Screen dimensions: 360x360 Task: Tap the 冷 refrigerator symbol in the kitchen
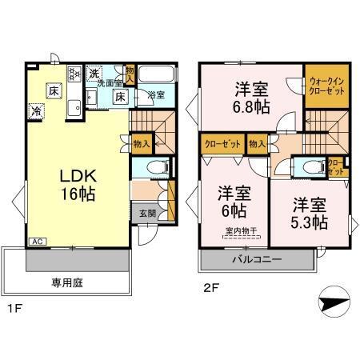tap(37, 112)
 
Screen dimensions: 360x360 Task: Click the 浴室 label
tap(156, 95)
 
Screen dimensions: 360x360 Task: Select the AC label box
tap(37, 240)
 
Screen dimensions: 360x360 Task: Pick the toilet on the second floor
tap(308, 168)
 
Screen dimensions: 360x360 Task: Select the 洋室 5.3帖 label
tap(307, 212)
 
